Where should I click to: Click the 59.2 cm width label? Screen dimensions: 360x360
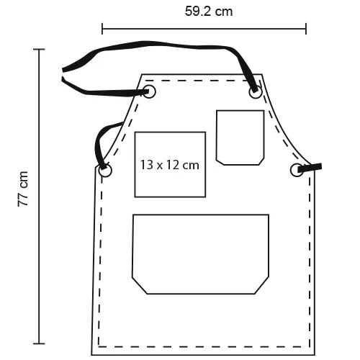(x=209, y=12)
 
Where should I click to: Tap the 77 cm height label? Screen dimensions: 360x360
(x=23, y=189)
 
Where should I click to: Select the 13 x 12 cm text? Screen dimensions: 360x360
(x=170, y=165)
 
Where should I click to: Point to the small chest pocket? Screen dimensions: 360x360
(x=240, y=138)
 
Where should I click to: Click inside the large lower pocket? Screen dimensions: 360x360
(x=201, y=254)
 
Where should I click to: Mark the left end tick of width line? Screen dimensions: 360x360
(x=102, y=29)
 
